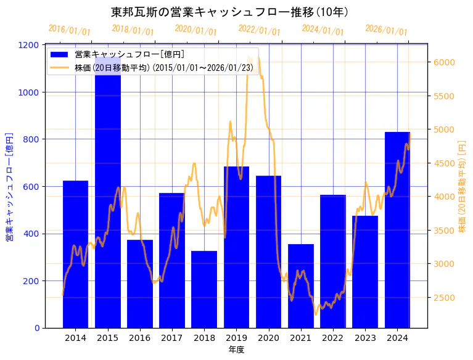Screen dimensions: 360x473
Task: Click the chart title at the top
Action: pos(229,12)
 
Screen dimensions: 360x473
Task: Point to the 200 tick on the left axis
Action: pos(32,281)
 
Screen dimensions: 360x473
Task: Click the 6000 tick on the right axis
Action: pos(445,62)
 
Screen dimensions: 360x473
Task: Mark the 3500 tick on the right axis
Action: pos(445,231)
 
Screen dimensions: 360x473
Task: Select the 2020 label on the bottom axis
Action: pos(268,338)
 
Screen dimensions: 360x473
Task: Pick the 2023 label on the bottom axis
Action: pos(365,338)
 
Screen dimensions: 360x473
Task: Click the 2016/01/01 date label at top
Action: pos(69,30)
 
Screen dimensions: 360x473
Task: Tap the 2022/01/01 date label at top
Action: pos(259,30)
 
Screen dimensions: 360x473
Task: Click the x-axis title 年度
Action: pos(236,350)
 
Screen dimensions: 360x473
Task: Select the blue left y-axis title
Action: pos(9,186)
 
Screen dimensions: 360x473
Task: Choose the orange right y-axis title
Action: pos(462,186)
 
